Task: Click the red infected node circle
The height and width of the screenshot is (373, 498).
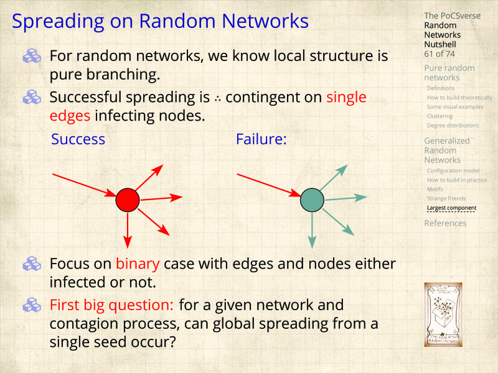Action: pos(128,200)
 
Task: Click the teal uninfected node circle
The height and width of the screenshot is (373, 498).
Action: pos(312,200)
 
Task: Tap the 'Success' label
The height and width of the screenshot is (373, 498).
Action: pos(78,139)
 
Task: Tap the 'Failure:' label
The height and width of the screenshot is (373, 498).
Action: pos(261,139)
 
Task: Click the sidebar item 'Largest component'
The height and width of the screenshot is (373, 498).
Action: pos(451,208)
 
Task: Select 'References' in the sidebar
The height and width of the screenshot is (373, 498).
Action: pos(445,223)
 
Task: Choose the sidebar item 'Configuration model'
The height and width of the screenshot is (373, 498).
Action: pos(453,171)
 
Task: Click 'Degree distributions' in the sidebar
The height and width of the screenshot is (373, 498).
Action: pos(453,126)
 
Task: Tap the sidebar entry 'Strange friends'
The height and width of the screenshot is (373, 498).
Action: pos(446,199)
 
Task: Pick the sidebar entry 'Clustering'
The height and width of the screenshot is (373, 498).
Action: pos(439,116)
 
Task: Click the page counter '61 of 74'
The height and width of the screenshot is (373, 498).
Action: pos(439,54)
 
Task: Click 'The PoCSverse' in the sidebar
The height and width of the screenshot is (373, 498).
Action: pos(452,16)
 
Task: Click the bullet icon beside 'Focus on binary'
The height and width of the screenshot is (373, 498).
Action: pos(31,264)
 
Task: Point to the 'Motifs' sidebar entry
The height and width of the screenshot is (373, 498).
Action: pos(435,190)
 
